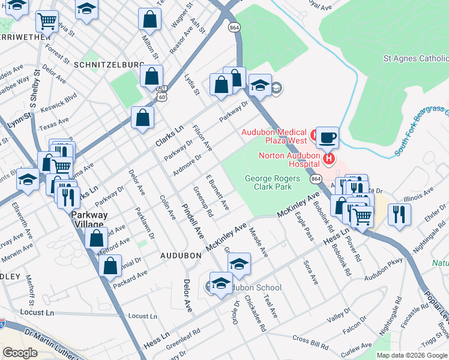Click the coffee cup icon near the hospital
click(x=327, y=137)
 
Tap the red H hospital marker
click(x=328, y=158)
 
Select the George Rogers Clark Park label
click(x=268, y=182)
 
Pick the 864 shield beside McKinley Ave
click(x=315, y=178)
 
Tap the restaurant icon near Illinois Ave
click(x=399, y=213)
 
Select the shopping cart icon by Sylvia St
click(x=47, y=22)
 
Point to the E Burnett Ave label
click(x=217, y=193)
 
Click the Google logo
click(x=20, y=352)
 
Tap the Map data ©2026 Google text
click(x=411, y=355)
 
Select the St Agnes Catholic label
click(x=416, y=59)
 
